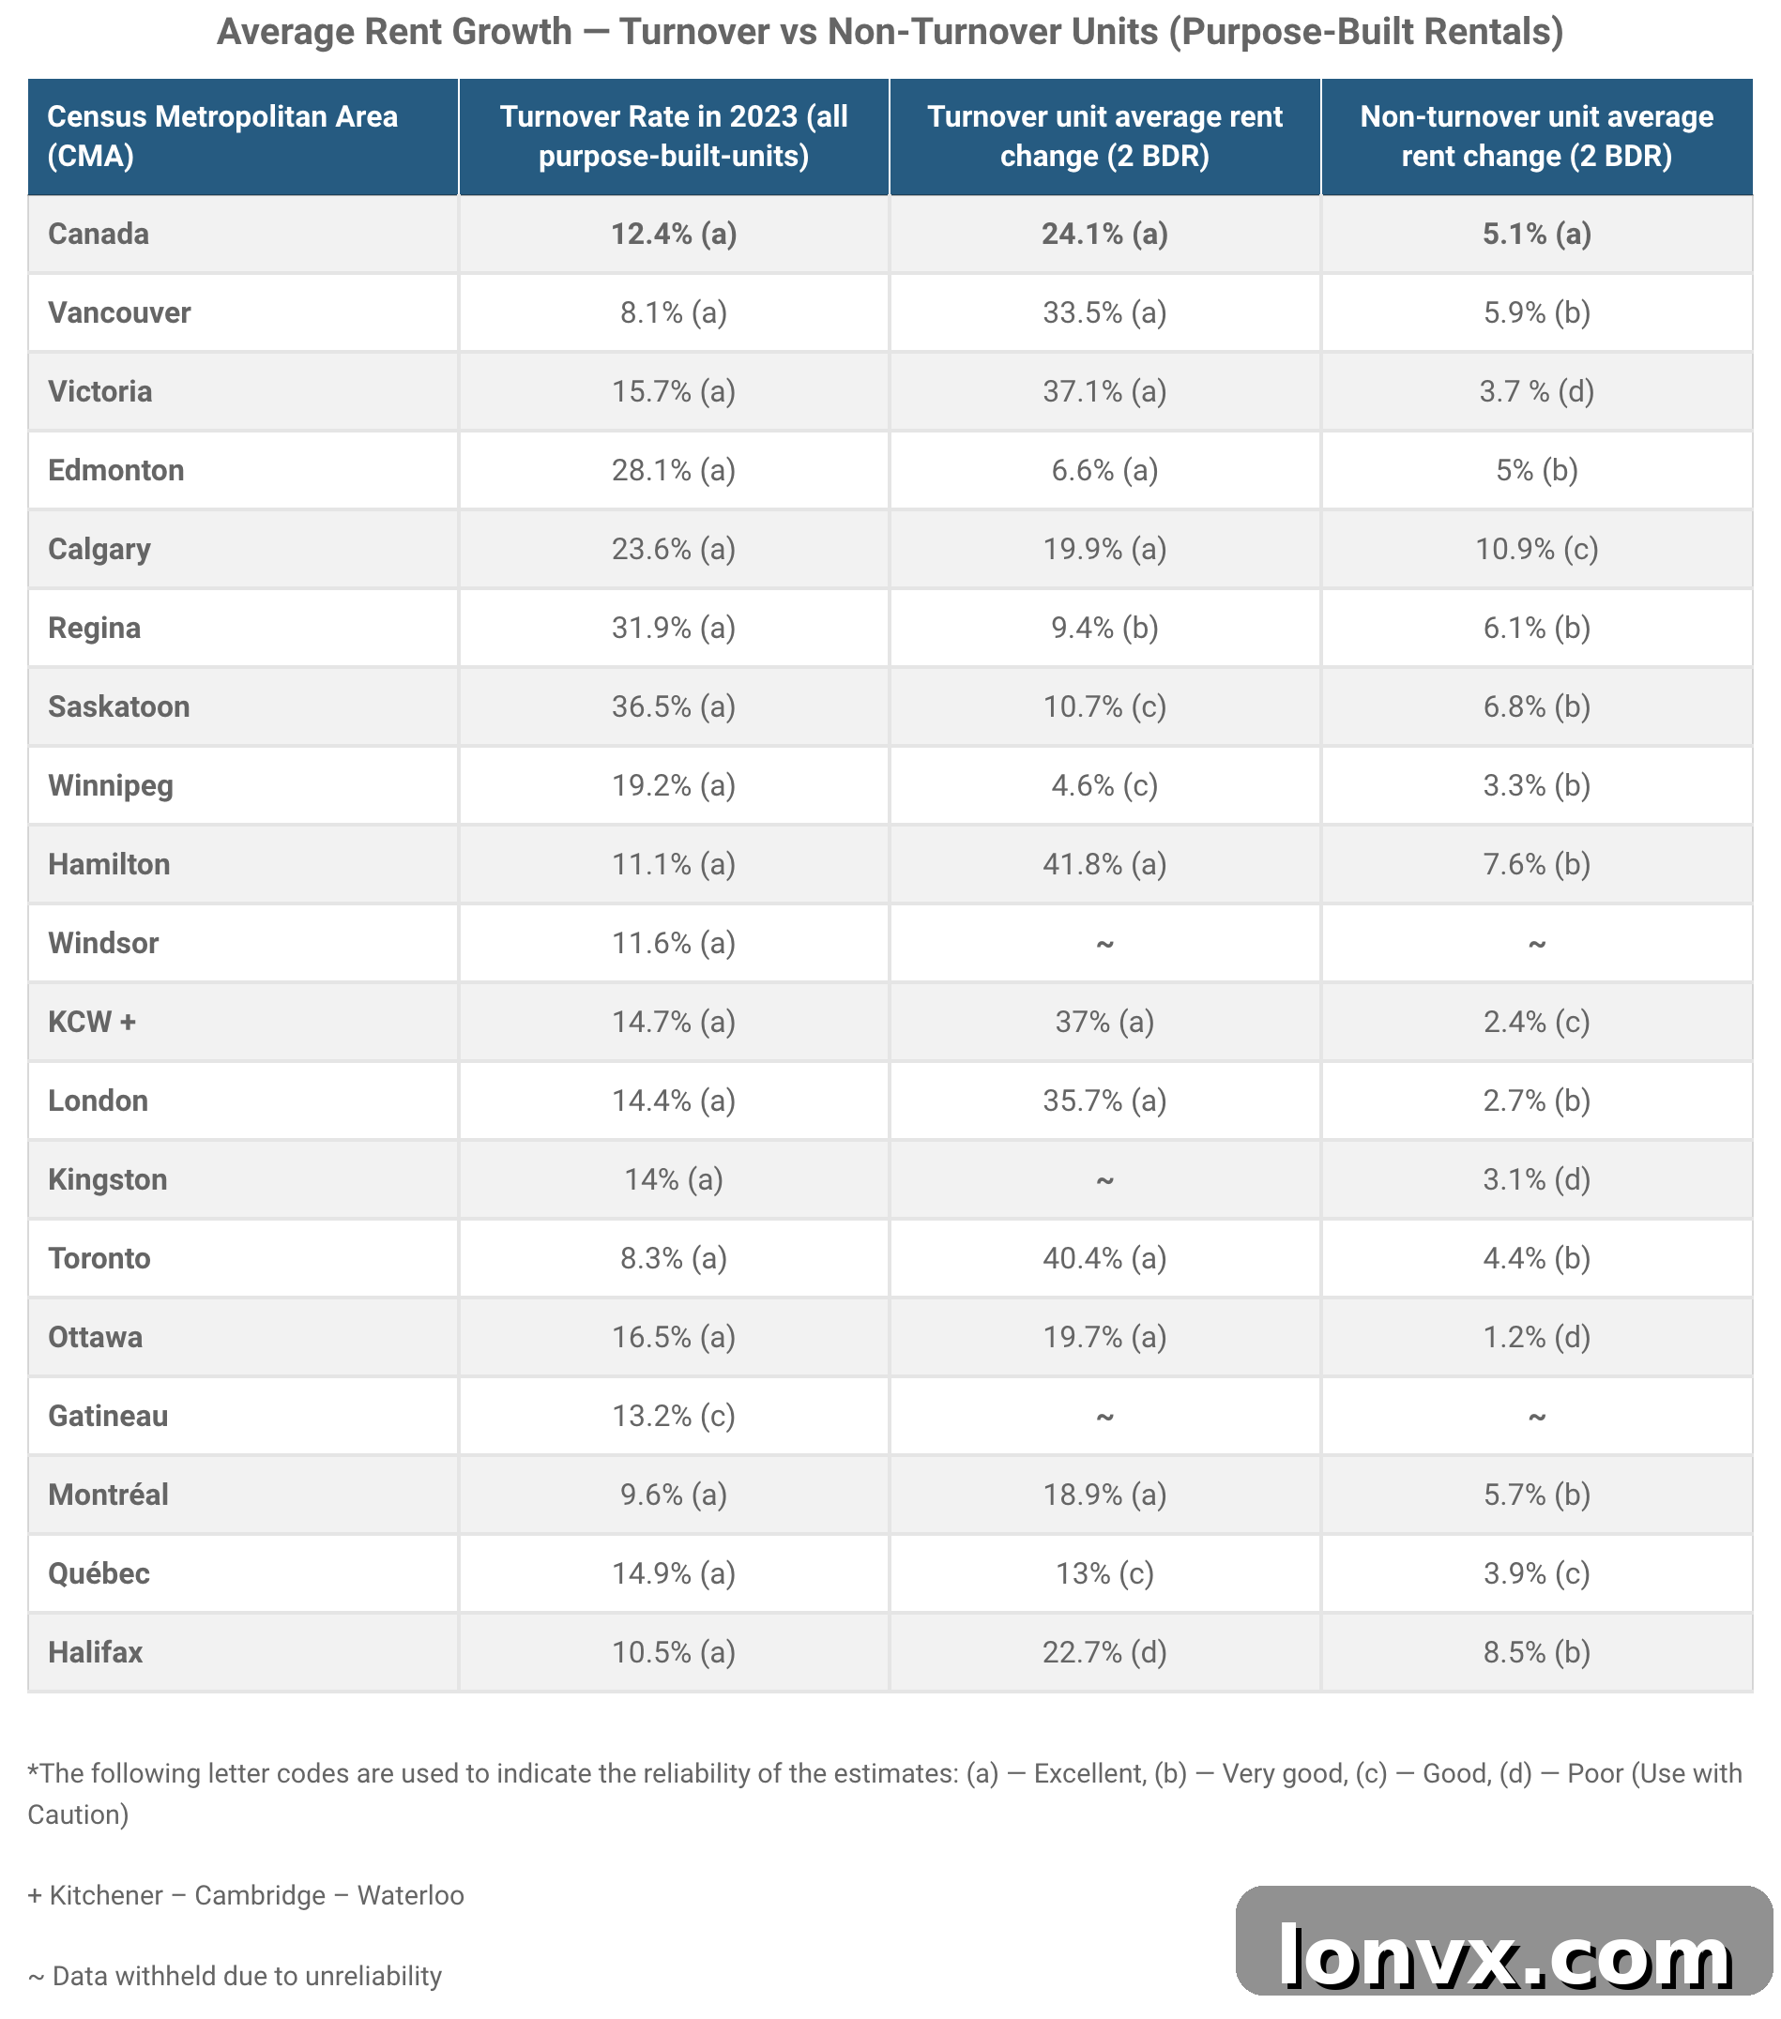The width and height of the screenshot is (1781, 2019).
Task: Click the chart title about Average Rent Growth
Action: [x=890, y=32]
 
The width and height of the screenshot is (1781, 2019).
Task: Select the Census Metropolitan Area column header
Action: [x=222, y=136]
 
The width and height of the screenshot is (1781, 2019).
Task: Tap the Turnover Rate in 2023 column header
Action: [x=674, y=136]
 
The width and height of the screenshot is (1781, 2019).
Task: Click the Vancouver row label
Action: [x=119, y=312]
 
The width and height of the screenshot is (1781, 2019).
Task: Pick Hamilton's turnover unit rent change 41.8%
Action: [x=1104, y=864]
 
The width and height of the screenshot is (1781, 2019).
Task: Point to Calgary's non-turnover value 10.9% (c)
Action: [x=1536, y=548]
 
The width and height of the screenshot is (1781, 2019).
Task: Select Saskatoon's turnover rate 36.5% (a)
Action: [x=674, y=706]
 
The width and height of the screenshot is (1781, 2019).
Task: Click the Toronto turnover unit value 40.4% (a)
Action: [x=1104, y=1257]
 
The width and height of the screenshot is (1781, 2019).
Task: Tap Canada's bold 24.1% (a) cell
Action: [x=1104, y=235]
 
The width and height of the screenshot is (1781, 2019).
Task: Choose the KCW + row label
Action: [x=92, y=1022]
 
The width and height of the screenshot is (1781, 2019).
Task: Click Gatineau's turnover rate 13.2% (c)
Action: [x=674, y=1416]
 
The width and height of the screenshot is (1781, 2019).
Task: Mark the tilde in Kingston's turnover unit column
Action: [x=1104, y=1180]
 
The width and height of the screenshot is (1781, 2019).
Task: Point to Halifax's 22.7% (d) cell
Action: [x=1104, y=1651]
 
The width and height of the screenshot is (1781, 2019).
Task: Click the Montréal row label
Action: [x=108, y=1494]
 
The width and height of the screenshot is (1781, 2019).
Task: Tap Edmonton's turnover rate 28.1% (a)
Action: [x=674, y=470]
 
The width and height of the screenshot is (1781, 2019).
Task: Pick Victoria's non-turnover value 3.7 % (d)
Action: [x=1536, y=391]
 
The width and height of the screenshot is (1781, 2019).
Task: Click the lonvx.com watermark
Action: [x=1503, y=1956]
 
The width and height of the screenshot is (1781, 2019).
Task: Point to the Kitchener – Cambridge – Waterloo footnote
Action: [x=246, y=1895]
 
